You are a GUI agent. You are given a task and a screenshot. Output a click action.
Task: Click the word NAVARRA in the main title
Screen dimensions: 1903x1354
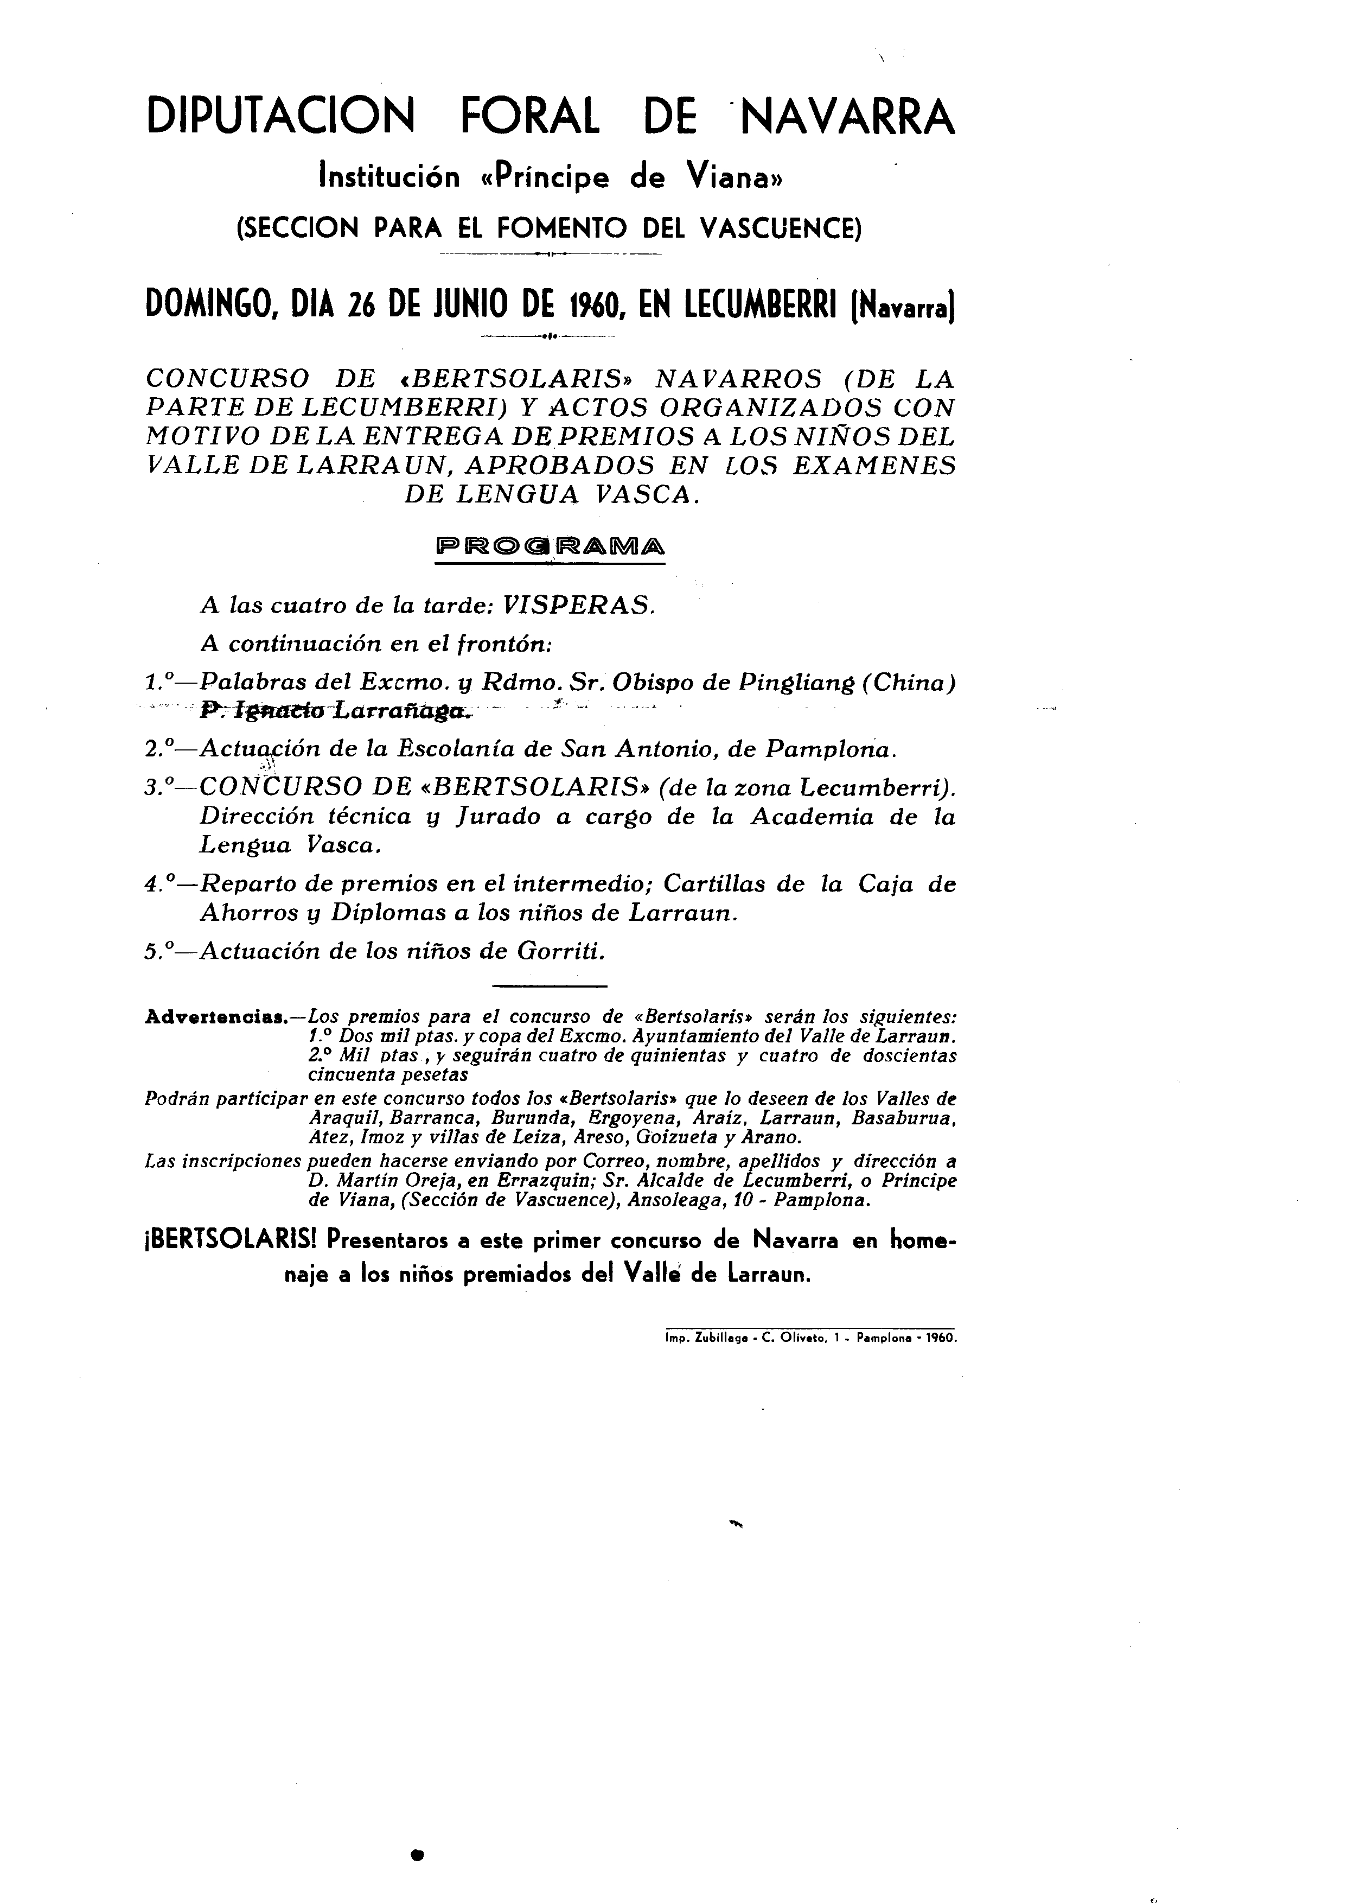pos(847,117)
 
